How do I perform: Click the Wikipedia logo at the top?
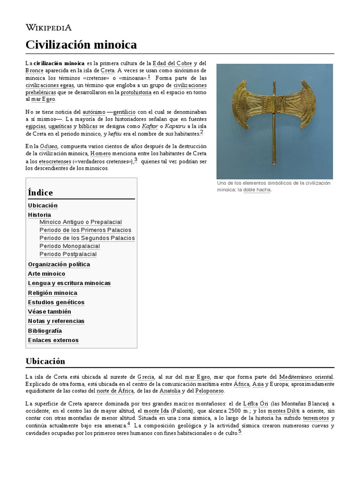point(48,27)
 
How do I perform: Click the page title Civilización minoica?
point(81,45)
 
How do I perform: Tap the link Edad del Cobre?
point(172,63)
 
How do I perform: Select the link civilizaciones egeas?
point(50,85)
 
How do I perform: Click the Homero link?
point(100,153)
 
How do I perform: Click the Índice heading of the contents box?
point(40,193)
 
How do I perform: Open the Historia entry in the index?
point(39,215)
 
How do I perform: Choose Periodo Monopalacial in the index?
point(69,246)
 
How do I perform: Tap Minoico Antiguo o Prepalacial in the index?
point(81,222)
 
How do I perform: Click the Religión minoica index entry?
point(52,293)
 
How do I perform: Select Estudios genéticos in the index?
point(56,302)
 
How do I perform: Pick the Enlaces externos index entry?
point(53,340)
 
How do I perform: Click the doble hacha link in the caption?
point(257,190)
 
